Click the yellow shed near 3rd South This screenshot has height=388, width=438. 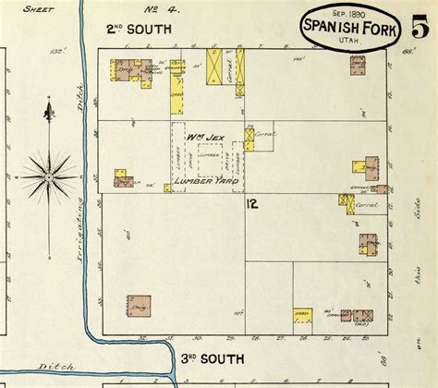[x=301, y=315]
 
